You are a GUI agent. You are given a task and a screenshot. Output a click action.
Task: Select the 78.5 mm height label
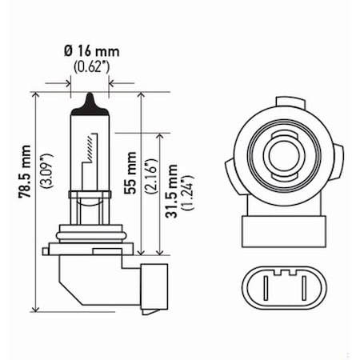point(22,192)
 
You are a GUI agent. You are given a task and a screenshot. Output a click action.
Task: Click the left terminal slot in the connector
point(270,284)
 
